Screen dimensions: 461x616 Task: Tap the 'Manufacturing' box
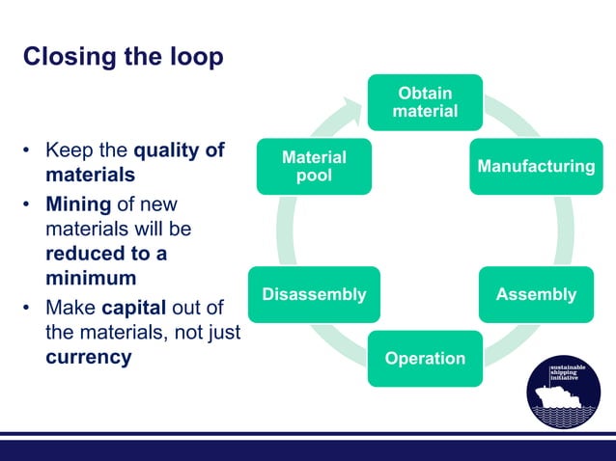click(537, 167)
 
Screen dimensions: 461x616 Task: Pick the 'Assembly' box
click(536, 294)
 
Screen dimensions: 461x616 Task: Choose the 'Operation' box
click(425, 359)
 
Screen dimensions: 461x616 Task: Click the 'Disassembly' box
click(314, 294)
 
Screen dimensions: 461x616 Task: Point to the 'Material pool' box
click(314, 167)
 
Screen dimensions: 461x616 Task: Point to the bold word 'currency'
click(89, 357)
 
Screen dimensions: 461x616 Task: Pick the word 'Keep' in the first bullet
click(68, 151)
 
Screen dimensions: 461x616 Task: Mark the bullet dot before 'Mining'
click(29, 204)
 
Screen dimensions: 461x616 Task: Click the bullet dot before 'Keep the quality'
click(29, 152)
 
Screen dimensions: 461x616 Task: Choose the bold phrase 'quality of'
click(179, 151)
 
